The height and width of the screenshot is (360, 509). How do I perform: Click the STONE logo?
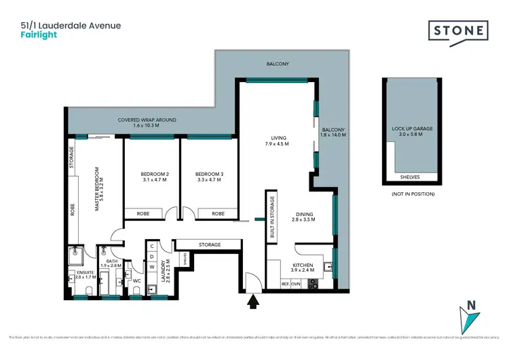pyautogui.click(x=458, y=31)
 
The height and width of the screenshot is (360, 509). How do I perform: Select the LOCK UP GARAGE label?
pyautogui.click(x=412, y=128)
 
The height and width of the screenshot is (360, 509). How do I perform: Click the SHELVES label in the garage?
pyautogui.click(x=411, y=177)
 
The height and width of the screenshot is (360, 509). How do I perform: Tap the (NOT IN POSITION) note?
pyautogui.click(x=412, y=194)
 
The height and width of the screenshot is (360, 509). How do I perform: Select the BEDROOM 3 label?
pyautogui.click(x=209, y=174)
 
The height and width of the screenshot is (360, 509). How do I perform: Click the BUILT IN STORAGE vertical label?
pyautogui.click(x=272, y=215)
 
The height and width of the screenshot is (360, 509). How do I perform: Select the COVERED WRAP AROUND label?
pyautogui.click(x=147, y=120)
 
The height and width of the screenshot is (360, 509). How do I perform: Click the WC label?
pyautogui.click(x=136, y=279)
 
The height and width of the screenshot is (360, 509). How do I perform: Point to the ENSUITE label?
pyautogui.click(x=76, y=273)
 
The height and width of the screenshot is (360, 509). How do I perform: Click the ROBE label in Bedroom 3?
pyautogui.click(x=218, y=213)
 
